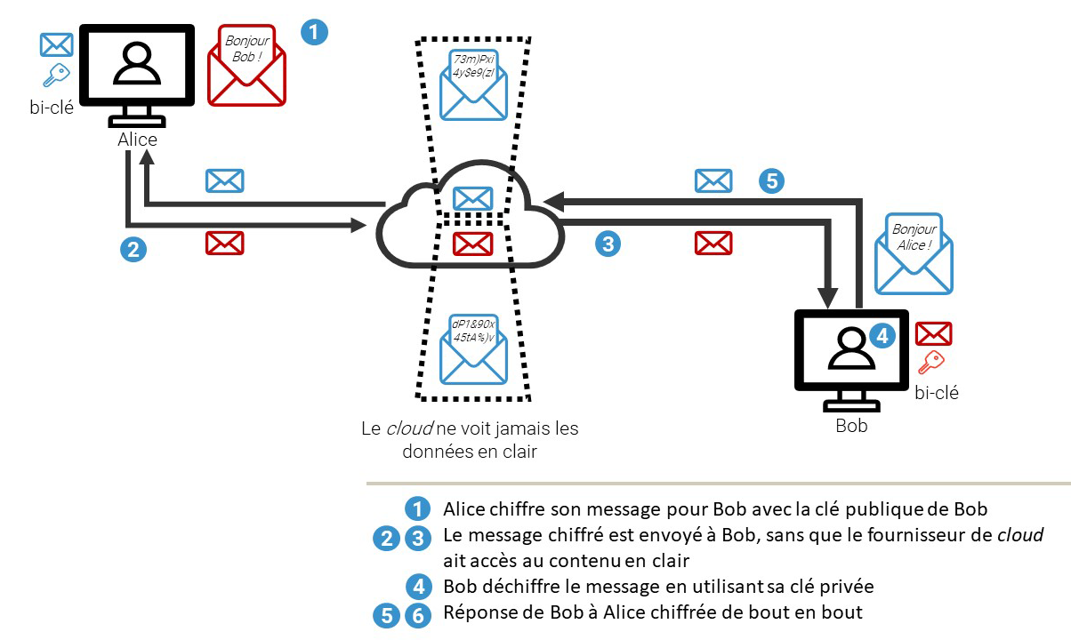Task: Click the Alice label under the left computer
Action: (137, 140)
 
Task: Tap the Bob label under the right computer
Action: (851, 426)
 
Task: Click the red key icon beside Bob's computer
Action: (930, 363)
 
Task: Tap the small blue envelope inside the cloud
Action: (472, 198)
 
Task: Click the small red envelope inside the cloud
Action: (472, 242)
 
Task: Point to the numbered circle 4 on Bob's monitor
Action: (881, 336)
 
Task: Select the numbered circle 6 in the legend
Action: (415, 614)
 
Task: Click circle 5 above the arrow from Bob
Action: (772, 181)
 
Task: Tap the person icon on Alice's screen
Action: (136, 64)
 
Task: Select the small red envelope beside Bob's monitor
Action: (933, 333)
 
